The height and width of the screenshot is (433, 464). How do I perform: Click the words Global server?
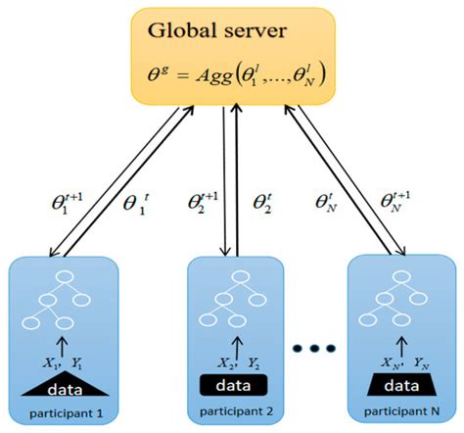[217, 31]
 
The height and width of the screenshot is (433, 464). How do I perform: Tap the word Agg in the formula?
[213, 77]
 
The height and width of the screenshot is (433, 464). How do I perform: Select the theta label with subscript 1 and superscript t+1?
[68, 204]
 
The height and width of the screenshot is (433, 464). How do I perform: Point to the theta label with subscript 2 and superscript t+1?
[203, 203]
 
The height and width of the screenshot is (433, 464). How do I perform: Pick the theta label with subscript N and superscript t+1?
[395, 202]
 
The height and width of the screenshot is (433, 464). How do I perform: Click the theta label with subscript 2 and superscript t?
[262, 203]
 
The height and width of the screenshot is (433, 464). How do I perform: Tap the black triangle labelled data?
[65, 384]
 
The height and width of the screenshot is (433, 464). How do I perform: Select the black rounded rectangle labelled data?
[234, 385]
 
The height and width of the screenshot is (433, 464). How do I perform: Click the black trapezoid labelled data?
[401, 385]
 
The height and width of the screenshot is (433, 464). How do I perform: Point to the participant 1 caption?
[67, 413]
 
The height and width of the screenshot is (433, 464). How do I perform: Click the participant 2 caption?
[236, 411]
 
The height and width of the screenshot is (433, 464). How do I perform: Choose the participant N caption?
[401, 411]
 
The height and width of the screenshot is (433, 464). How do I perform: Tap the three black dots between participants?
[314, 348]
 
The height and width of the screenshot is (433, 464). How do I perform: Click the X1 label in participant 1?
[51, 363]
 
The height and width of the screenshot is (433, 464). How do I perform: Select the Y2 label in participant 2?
[254, 363]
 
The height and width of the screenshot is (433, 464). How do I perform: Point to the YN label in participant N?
[421, 363]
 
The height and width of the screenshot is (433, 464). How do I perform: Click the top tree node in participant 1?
[65, 276]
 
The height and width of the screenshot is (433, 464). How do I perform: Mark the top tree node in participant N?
[401, 276]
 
